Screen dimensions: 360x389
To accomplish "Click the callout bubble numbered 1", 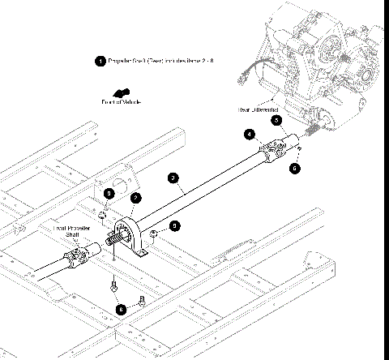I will [x=100, y=61].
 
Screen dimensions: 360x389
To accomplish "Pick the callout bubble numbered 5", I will [x=276, y=119].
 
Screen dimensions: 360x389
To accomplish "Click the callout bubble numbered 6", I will [x=295, y=168].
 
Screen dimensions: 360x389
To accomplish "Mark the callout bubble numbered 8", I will [x=121, y=308].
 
